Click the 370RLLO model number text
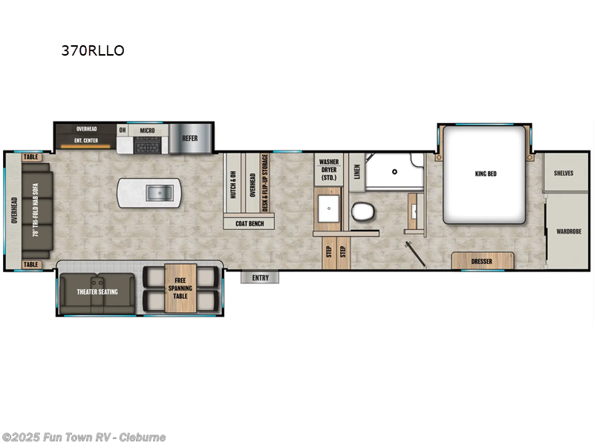tap(93, 51)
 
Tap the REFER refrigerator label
tap(190, 137)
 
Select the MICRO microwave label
tap(147, 131)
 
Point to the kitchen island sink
tap(156, 194)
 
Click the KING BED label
tap(485, 174)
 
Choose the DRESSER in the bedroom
tap(483, 261)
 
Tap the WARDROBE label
tap(569, 231)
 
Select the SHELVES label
tap(564, 173)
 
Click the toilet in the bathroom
tap(363, 211)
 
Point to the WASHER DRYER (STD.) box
tap(329, 170)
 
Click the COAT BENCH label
tap(249, 222)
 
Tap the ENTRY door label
tap(260, 277)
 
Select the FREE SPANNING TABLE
tap(180, 289)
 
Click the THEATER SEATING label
tap(97, 291)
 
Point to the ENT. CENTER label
tap(87, 139)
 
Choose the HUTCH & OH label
tap(233, 185)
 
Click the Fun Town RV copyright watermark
tap(83, 437)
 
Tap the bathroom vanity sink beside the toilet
tap(327, 210)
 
